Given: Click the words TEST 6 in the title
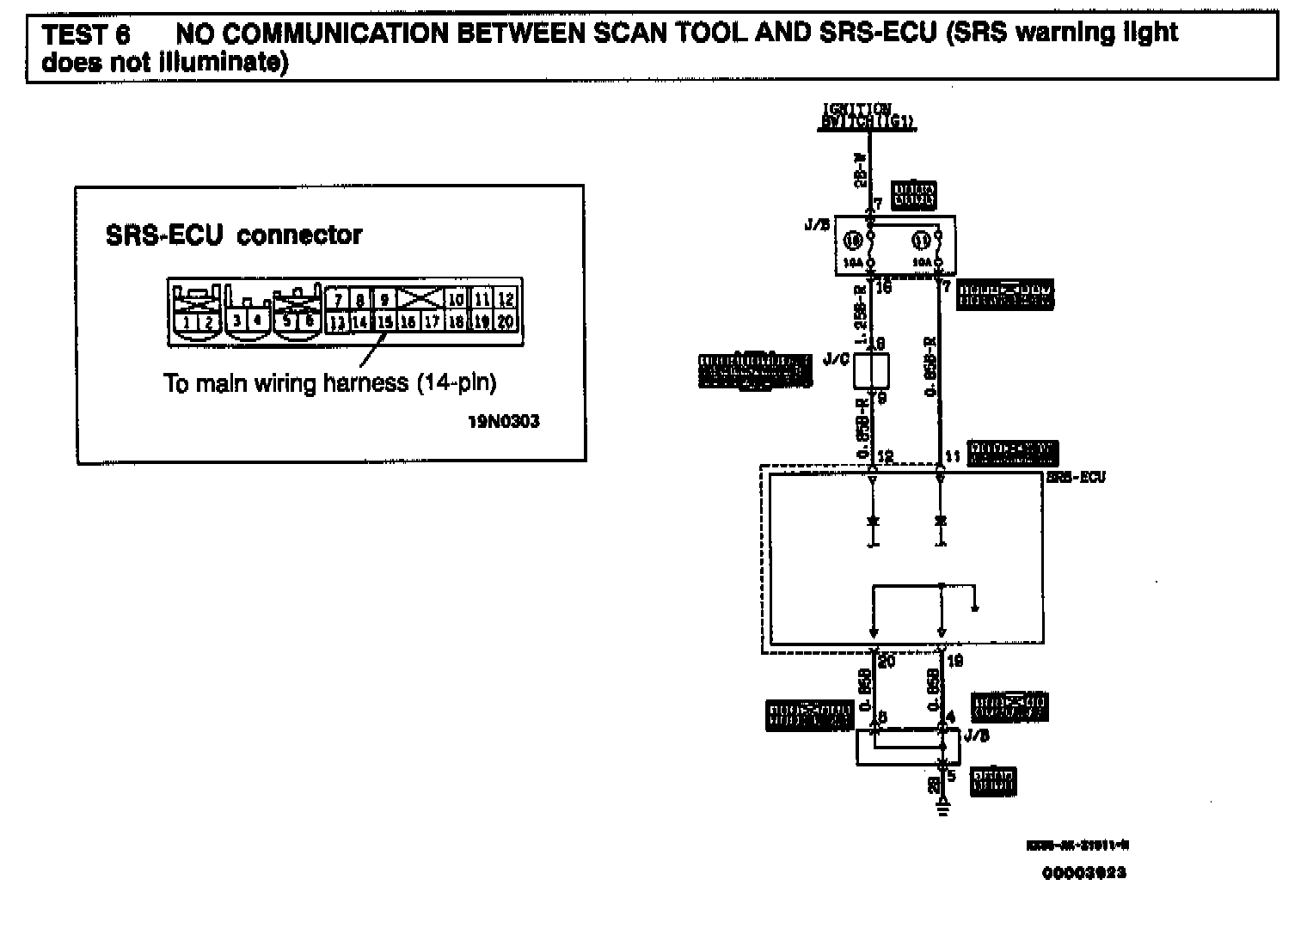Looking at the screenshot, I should [x=86, y=35].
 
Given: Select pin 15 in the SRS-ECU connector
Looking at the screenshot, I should [x=384, y=322].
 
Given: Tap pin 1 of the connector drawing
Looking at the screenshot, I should [x=187, y=323].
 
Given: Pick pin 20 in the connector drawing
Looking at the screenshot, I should [x=506, y=322].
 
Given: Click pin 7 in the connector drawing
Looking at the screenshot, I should [x=339, y=300].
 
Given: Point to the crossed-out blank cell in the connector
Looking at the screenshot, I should [x=419, y=299].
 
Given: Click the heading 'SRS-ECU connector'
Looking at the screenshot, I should [x=234, y=235].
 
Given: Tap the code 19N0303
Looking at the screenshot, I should [x=504, y=422].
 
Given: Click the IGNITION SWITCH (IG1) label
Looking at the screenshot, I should [x=866, y=117].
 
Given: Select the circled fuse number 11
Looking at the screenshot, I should [x=919, y=240].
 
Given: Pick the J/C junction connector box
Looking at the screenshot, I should [x=870, y=370].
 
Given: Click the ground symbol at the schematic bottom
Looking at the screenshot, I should [x=942, y=805].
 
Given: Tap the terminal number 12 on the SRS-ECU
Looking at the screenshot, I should [x=886, y=457].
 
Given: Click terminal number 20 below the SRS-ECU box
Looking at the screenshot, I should [x=887, y=661].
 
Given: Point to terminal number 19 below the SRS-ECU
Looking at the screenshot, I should [x=954, y=661].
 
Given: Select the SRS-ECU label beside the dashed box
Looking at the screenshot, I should [x=1076, y=477].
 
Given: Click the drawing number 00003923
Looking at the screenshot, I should [x=1083, y=873].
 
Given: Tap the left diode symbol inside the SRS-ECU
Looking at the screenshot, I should [x=873, y=522].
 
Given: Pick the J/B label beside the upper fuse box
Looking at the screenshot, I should [x=817, y=226].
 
